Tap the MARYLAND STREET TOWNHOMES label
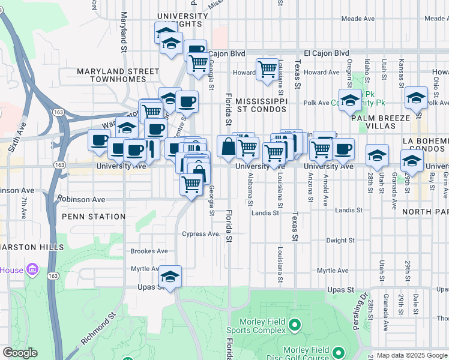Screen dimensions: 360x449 [118, 76]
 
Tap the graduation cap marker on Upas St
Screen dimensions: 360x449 [170, 277]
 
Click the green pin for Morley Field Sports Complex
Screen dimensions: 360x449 [294, 326]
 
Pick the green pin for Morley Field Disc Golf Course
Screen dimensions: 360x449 [337, 353]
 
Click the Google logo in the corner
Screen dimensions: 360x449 [20, 353]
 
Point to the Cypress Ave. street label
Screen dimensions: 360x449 [202, 233]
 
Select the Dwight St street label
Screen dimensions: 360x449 [341, 240]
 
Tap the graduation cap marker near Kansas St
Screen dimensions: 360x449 [416, 98]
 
